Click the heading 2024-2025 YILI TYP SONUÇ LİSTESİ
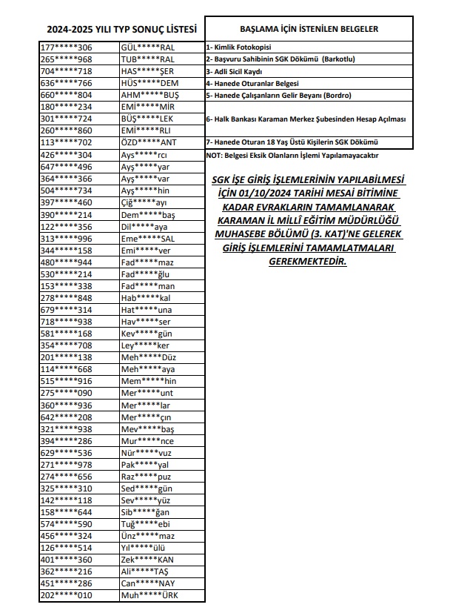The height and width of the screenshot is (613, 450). (x=121, y=30)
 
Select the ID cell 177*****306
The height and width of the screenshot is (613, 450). (x=66, y=47)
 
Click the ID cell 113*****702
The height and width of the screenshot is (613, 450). (x=66, y=142)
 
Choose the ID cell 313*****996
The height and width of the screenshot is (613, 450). (x=66, y=239)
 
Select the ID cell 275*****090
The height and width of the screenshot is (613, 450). (x=66, y=392)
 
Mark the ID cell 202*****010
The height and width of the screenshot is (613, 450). (x=66, y=596)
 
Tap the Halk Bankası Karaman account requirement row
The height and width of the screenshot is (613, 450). (x=306, y=119)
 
